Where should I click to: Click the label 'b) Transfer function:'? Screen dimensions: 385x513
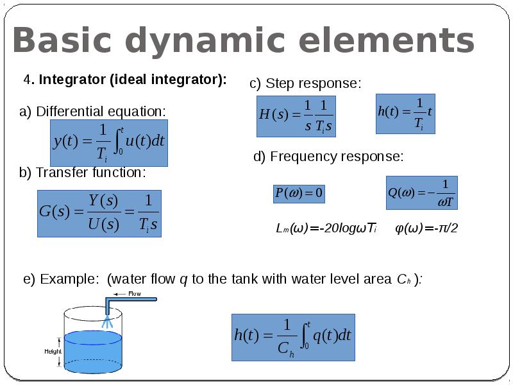83,173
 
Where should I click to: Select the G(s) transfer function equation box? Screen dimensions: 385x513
99,213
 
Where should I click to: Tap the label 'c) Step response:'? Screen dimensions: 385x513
305,84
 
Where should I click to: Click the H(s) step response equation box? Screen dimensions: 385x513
296,116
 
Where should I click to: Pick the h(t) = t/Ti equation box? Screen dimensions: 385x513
405,114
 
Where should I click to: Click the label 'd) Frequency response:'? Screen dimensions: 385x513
328,157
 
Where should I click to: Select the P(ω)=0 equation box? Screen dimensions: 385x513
299,193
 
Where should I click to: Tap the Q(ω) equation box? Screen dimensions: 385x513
421,193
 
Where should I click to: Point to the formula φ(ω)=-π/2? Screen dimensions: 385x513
426,228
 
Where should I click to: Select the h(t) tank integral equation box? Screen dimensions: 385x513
293,337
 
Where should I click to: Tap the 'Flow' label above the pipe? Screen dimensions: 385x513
135,294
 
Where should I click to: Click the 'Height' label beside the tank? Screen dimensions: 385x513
53,351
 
